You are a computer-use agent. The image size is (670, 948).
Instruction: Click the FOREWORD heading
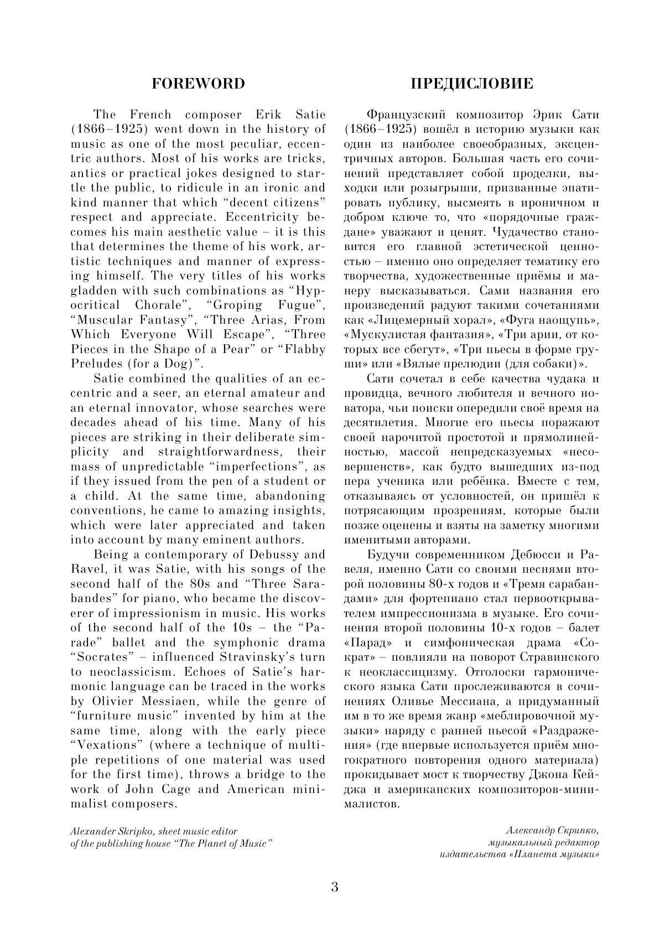198,84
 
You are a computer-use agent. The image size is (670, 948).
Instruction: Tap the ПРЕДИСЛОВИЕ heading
471,84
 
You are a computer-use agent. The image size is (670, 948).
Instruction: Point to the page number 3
335,887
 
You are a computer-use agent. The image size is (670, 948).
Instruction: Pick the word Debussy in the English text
266,555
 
